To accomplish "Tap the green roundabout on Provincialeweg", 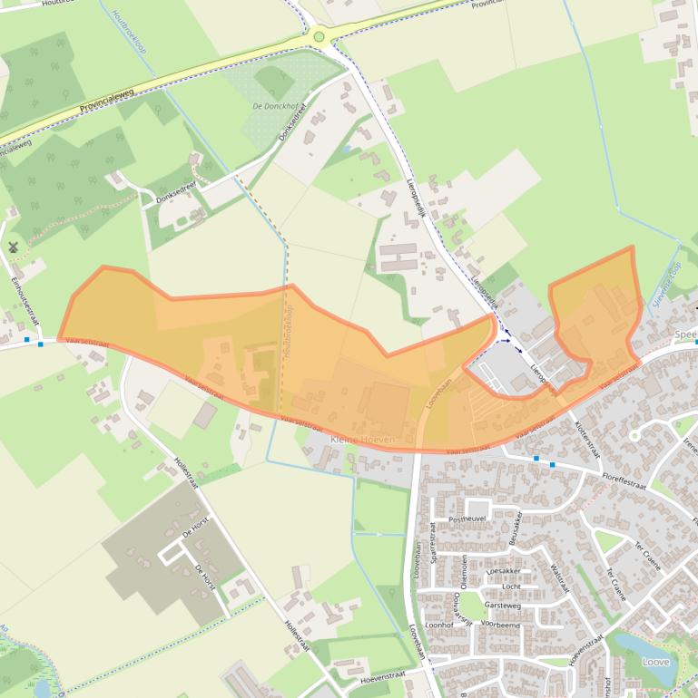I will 319,36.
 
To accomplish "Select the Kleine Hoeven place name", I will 363,439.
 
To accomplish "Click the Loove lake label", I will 654,662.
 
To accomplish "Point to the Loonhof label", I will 438,625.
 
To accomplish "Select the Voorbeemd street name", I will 500,625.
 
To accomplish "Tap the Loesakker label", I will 504,571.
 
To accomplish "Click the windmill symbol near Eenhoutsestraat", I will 14,247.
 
